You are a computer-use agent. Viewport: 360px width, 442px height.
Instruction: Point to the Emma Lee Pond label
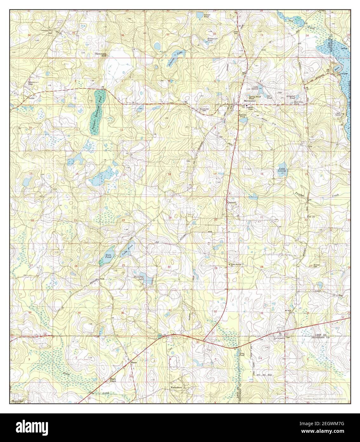[212, 40]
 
